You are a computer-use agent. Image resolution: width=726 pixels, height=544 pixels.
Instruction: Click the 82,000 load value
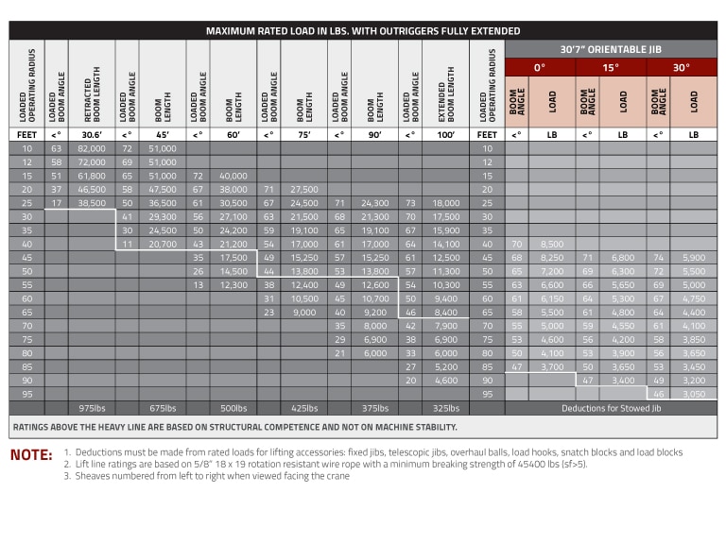[91, 148]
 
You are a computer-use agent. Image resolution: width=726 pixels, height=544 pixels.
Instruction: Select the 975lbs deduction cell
[91, 408]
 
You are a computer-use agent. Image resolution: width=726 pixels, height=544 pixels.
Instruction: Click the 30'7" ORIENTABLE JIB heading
[611, 49]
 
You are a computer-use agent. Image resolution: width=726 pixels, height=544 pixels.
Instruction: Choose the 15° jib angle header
[611, 67]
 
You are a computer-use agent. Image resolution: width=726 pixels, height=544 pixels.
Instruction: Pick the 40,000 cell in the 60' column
[233, 176]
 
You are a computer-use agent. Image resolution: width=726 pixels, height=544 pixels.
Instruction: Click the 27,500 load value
[304, 189]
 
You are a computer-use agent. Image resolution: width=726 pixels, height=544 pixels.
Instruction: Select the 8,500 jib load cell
[551, 244]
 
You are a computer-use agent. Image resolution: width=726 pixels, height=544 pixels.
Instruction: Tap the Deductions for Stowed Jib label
[610, 408]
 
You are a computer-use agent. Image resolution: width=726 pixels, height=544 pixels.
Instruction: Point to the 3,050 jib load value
[693, 393]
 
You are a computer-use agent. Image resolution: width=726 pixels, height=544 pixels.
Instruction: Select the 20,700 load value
[163, 244]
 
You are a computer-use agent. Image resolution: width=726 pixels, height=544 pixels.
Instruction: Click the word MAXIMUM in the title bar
[235, 31]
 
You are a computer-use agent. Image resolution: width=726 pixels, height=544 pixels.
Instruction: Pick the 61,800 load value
[91, 176]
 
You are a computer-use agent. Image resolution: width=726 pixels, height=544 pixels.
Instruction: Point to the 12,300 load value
[233, 284]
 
